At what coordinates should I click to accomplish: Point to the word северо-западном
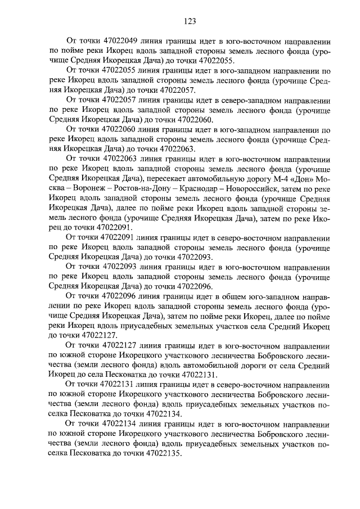[x=254, y=100]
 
